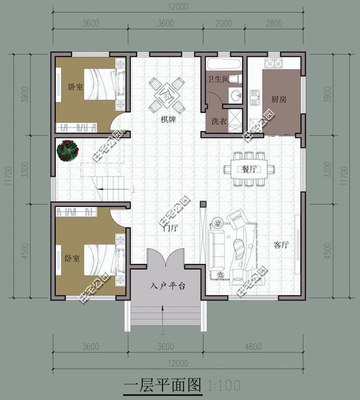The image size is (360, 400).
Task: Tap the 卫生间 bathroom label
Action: tap(218, 79)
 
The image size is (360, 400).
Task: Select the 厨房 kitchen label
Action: tap(278, 100)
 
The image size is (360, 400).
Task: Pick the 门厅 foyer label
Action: tap(170, 228)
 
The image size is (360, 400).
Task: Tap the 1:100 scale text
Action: tap(224, 386)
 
